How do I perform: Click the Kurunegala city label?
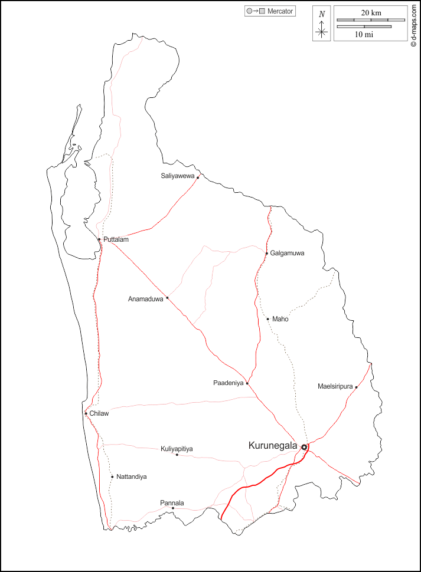coord(273,446)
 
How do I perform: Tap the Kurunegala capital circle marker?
coord(304,447)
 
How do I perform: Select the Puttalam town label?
coord(116,240)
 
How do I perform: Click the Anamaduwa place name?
coord(145,299)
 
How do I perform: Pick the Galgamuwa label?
coord(287,254)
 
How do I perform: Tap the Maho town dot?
coord(267,319)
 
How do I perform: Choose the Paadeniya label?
coord(228,383)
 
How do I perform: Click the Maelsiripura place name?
coord(335,387)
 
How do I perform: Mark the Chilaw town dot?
coord(86,413)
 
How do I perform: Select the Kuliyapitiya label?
coord(177,449)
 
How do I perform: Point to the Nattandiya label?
coord(131,476)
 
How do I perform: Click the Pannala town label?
coord(172,503)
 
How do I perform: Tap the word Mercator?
coord(280,11)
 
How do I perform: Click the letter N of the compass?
coord(322,14)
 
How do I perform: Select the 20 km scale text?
coord(371,12)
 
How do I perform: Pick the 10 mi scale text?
coord(364,34)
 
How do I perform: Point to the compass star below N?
coord(322,32)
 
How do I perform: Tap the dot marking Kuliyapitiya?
coord(177,455)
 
